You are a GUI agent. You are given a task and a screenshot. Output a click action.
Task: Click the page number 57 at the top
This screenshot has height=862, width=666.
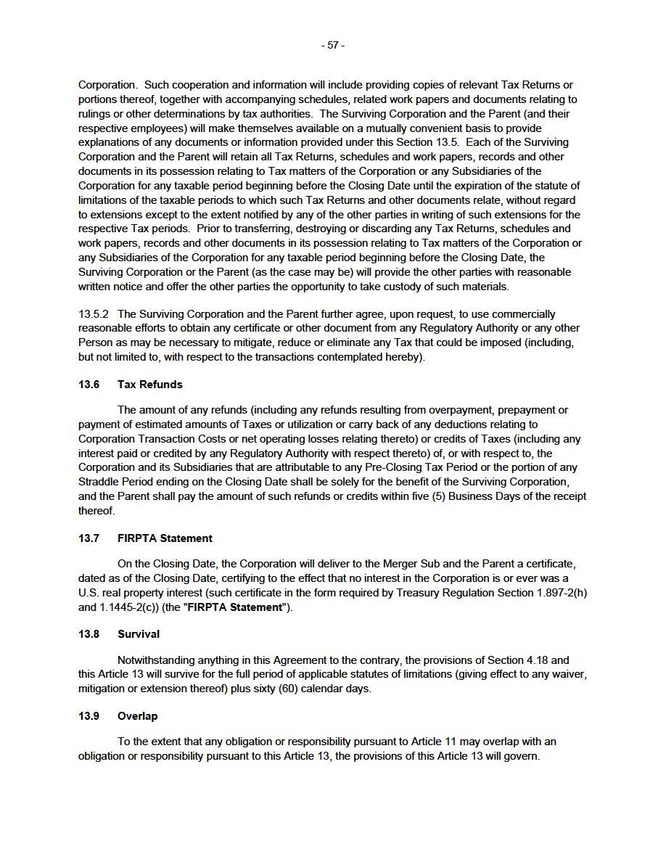pos(333,45)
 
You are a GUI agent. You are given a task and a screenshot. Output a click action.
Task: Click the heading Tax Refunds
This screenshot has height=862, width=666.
pos(149,385)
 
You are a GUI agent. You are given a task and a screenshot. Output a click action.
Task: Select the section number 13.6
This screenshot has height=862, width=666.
pos(89,385)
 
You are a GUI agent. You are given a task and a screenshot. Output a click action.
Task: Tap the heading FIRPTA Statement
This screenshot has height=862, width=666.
pos(165,538)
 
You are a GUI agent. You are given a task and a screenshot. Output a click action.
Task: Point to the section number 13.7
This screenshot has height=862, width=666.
pos(89,538)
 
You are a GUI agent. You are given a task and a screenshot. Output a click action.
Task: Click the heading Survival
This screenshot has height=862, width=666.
pos(139,634)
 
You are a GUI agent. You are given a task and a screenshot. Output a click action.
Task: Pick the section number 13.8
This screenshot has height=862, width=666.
pos(89,634)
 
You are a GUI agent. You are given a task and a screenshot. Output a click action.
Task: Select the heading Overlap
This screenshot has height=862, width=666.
pos(137,716)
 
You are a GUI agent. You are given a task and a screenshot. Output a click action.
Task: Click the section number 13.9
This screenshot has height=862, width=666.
pos(89,716)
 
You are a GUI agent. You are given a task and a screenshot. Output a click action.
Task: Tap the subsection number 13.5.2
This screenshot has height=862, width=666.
pos(93,314)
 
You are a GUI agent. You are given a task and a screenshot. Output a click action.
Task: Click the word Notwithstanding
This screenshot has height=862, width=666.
pos(157,660)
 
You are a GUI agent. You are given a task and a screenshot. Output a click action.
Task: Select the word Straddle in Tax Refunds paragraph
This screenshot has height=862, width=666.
pos(100,483)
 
